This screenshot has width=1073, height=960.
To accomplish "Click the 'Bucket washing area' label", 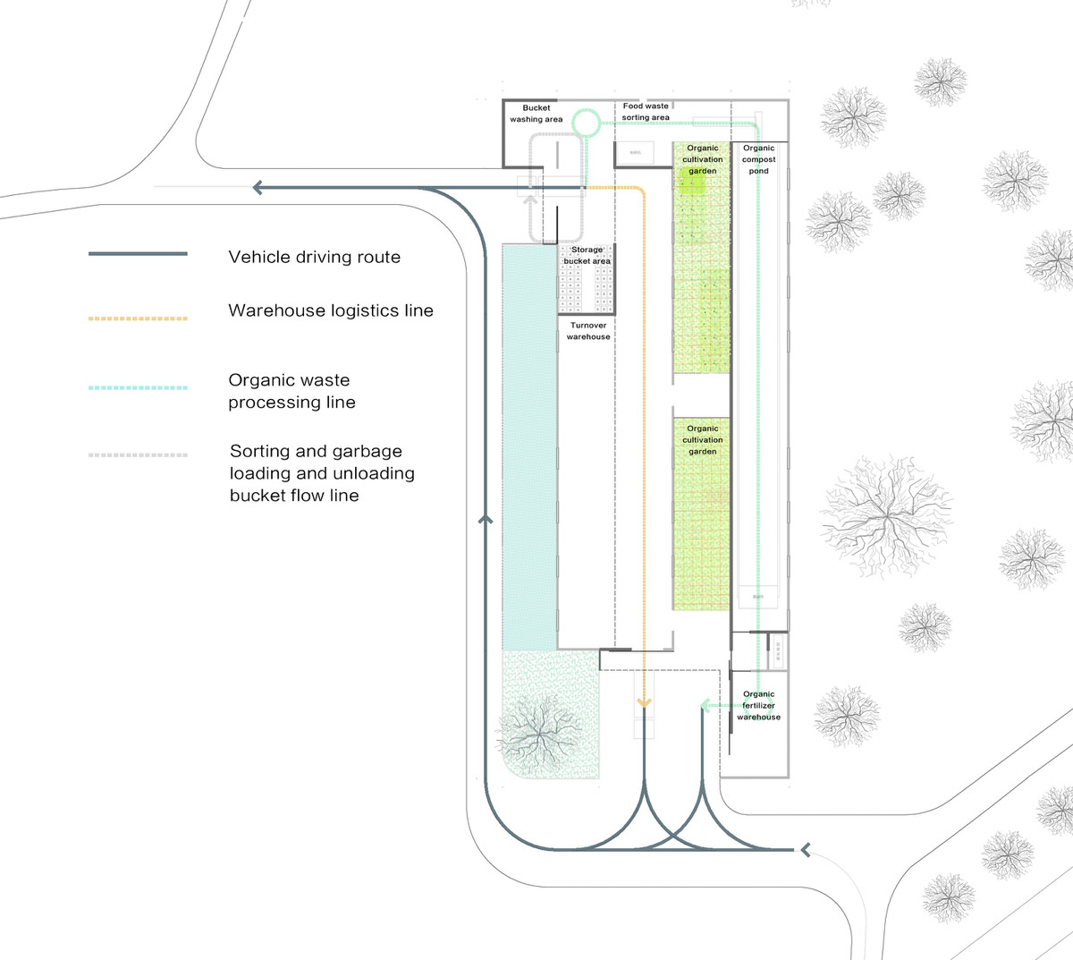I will (536, 114).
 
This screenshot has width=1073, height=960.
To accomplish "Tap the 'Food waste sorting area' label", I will (646, 112).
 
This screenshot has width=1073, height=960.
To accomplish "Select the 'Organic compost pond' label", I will (759, 159).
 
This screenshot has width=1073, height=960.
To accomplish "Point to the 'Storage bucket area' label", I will (587, 256).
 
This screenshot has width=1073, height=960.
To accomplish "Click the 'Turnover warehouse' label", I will (588, 331).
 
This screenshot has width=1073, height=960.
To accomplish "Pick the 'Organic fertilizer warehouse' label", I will (759, 705).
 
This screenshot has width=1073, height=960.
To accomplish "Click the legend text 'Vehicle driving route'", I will (314, 258).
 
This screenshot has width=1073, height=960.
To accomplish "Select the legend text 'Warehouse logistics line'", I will (331, 311).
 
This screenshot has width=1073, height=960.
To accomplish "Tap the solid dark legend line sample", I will (138, 254).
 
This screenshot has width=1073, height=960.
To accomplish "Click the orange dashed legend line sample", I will (138, 318).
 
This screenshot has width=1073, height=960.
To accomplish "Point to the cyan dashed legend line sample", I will (138, 388).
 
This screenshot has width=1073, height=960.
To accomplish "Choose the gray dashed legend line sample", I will (138, 455).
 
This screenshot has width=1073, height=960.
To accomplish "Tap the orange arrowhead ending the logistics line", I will (644, 704).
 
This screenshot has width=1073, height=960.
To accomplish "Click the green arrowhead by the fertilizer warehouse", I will (705, 706).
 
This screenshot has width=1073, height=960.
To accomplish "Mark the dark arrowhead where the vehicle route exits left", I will (258, 188).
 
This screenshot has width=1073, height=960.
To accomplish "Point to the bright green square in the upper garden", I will (691, 183).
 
